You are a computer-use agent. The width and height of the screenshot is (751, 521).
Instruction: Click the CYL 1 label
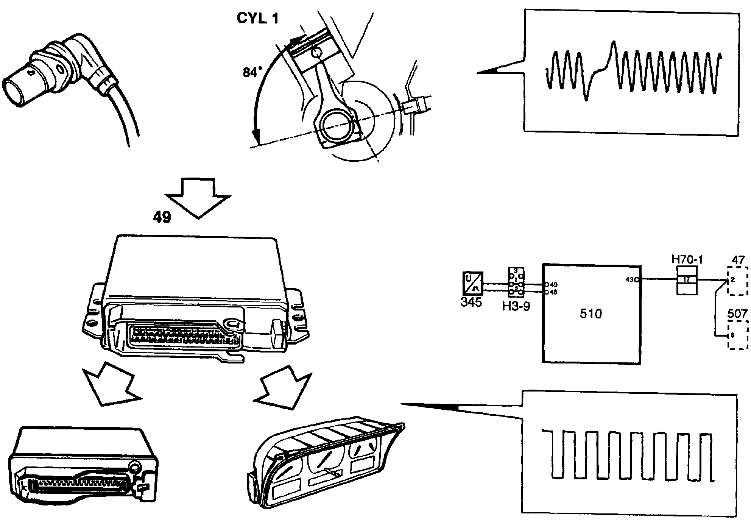[257, 18]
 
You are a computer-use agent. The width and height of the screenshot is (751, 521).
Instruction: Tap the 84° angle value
[252, 72]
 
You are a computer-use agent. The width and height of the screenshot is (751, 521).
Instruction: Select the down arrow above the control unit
[198, 198]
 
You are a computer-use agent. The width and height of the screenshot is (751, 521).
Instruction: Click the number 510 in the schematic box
[591, 314]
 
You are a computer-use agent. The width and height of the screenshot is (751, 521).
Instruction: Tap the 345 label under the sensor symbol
[471, 302]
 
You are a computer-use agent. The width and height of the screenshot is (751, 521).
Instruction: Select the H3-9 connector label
[516, 306]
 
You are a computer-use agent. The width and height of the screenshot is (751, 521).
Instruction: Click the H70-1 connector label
[687, 259]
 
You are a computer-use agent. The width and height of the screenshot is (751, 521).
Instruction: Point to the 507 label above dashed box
[738, 314]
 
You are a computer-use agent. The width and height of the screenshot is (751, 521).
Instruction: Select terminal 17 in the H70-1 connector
[687, 280]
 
